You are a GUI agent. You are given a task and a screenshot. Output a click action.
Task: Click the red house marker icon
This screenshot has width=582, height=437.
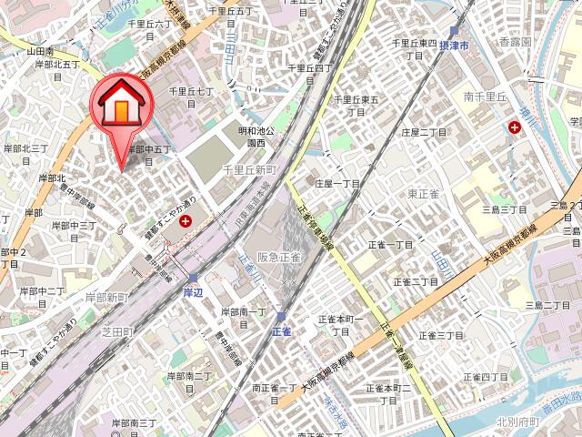click(x=121, y=106)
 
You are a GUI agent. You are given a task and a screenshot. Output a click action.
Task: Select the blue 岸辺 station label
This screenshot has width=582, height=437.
click(x=192, y=292)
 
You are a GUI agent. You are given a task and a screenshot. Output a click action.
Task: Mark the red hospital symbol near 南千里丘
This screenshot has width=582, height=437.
click(x=516, y=127)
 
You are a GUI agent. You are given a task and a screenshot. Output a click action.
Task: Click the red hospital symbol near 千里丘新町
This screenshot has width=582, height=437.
click(x=186, y=220)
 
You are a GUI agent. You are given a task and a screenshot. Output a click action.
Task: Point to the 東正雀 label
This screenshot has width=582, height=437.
click(x=425, y=193)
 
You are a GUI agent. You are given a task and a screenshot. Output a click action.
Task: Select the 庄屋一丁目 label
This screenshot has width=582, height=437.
click(x=337, y=183)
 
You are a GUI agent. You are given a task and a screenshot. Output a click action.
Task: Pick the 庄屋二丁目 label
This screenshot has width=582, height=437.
click(x=421, y=132)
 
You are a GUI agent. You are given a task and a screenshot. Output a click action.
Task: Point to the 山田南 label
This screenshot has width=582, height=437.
click(x=41, y=52)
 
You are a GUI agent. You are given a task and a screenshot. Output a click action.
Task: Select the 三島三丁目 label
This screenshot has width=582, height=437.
click(x=503, y=209)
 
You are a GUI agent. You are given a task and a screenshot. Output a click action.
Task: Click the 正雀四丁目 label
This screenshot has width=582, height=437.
click(x=487, y=376)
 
